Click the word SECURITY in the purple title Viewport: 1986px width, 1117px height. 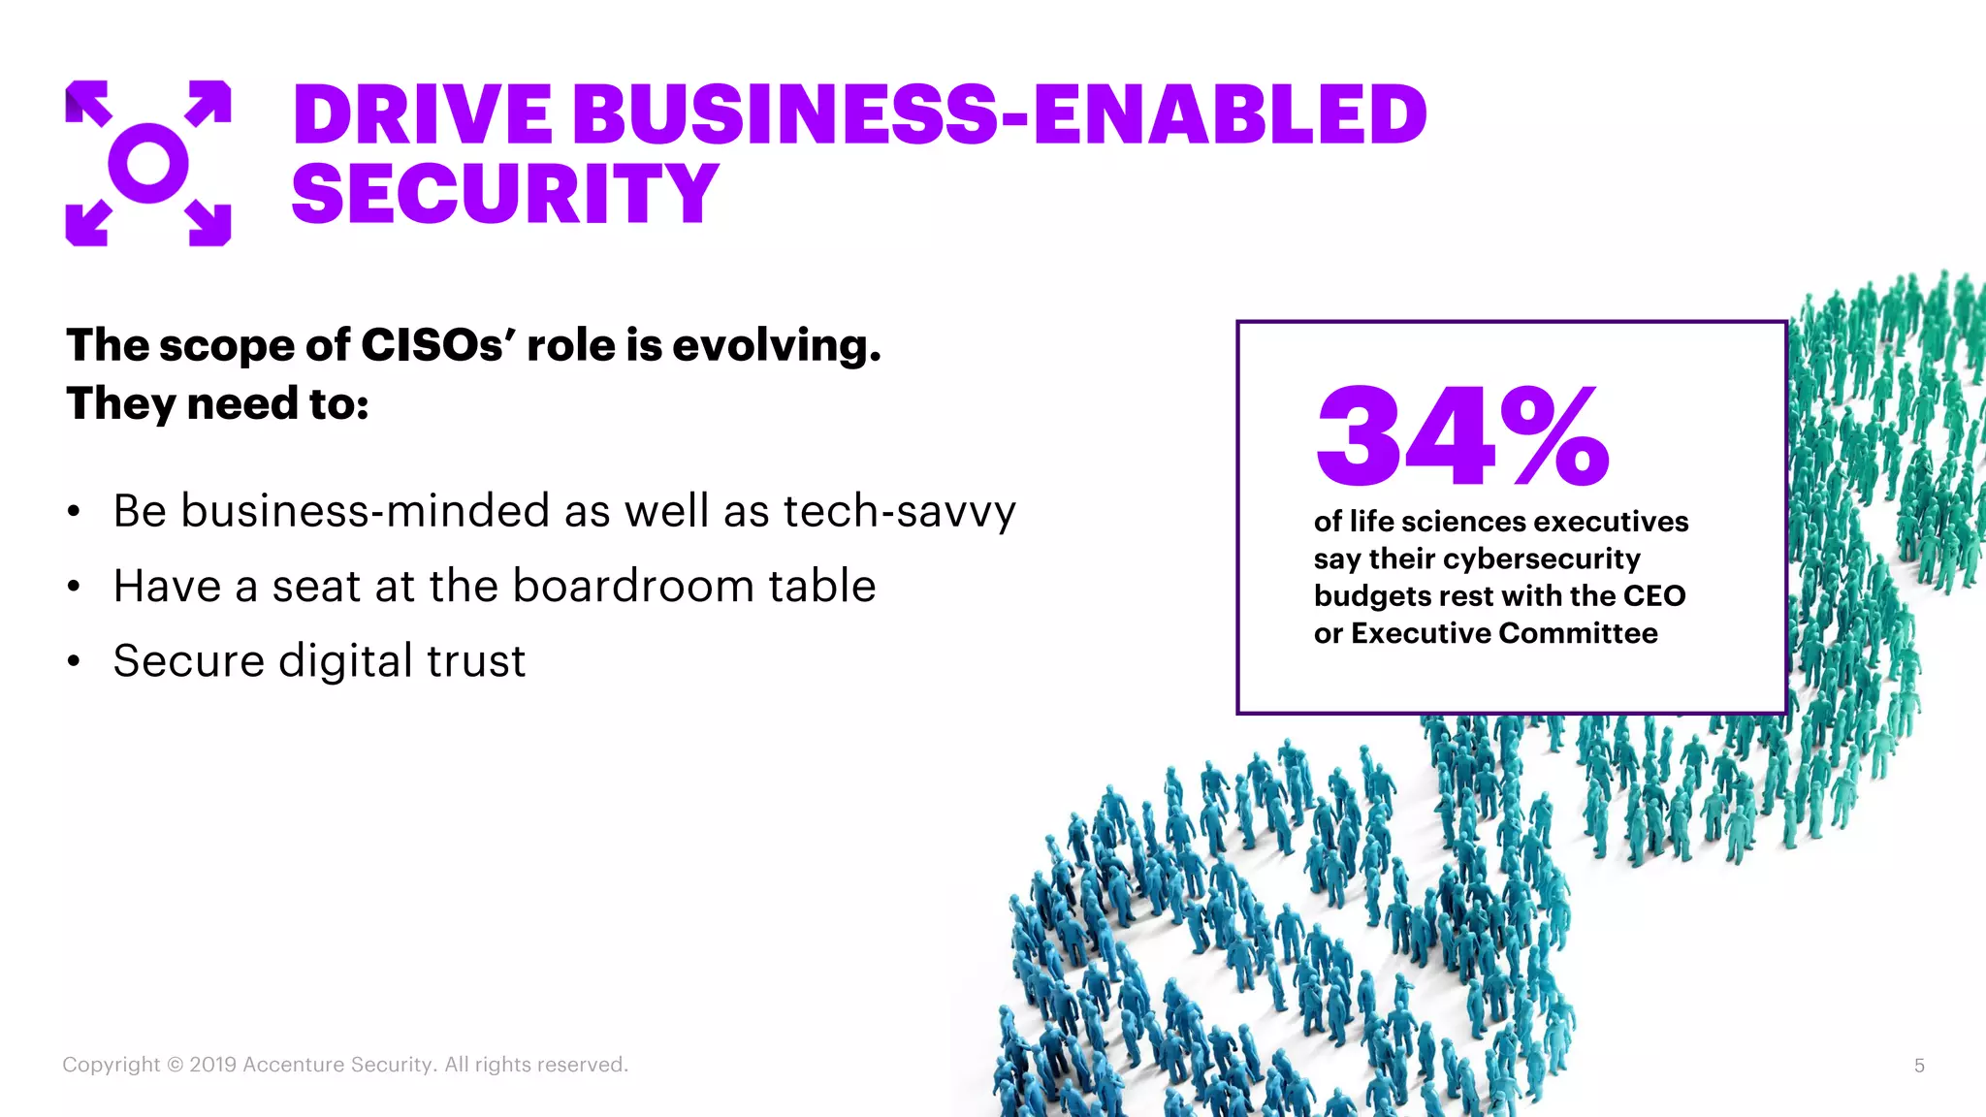[x=504, y=194]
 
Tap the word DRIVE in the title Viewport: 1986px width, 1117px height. [x=423, y=114]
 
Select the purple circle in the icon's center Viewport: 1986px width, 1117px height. [x=148, y=163]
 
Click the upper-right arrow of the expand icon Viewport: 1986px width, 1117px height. [x=209, y=102]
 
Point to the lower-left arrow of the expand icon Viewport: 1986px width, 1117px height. [x=87, y=224]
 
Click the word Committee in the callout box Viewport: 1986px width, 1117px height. [x=1578, y=633]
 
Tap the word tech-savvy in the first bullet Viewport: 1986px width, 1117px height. [x=899, y=511]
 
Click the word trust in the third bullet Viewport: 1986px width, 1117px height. [x=476, y=661]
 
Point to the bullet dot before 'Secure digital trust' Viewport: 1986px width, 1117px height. [x=74, y=662]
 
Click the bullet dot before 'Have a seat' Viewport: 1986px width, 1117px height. [x=74, y=587]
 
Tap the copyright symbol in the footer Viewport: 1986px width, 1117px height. [x=175, y=1065]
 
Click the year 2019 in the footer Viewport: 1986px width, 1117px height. [x=213, y=1065]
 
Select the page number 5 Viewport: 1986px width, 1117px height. [x=1919, y=1066]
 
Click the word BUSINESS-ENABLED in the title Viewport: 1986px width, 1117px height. [x=1000, y=114]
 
